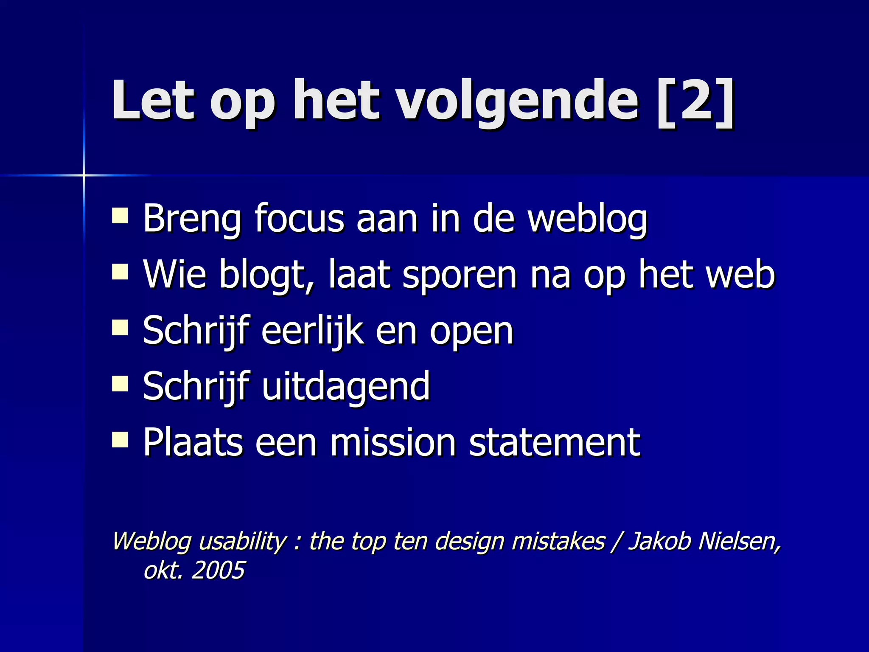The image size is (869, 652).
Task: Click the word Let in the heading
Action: pyautogui.click(x=153, y=102)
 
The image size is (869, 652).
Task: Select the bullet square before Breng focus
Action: pyautogui.click(x=120, y=215)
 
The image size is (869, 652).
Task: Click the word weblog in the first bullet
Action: pyautogui.click(x=588, y=220)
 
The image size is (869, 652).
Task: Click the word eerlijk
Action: pyautogui.click(x=312, y=332)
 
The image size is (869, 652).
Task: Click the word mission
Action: pyautogui.click(x=393, y=442)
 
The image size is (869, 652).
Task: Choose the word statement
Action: pyautogui.click(x=554, y=442)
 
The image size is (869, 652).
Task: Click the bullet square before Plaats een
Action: pyautogui.click(x=120, y=440)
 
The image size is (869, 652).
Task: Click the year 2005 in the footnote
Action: pyautogui.click(x=218, y=570)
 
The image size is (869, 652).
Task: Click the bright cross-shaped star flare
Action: pyautogui.click(x=84, y=175)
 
